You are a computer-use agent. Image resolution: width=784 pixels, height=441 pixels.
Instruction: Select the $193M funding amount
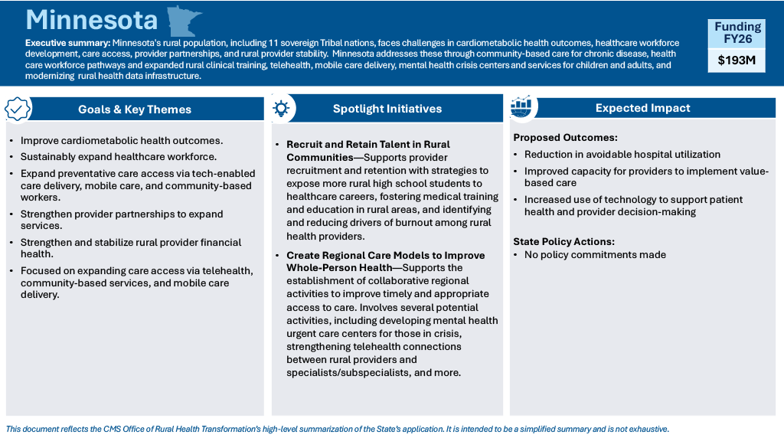click(736, 60)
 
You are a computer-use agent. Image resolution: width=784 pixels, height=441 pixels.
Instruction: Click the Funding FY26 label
click(737, 32)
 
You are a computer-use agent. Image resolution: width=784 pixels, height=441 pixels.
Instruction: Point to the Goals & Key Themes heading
click(135, 109)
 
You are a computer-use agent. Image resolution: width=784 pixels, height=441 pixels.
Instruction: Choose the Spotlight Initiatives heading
click(387, 109)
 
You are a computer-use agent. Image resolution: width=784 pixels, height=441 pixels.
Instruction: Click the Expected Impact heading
click(643, 108)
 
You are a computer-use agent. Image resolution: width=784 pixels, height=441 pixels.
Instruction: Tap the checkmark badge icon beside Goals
click(18, 109)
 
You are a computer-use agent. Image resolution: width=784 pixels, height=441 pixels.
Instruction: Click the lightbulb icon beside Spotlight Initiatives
click(282, 108)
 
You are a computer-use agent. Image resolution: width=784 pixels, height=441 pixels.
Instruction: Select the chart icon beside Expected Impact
click(521, 108)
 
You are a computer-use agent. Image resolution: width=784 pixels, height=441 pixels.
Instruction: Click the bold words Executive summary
click(67, 42)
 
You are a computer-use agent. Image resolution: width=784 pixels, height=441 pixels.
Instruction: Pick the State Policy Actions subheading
click(563, 241)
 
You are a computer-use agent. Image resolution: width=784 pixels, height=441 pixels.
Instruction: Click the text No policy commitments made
click(595, 255)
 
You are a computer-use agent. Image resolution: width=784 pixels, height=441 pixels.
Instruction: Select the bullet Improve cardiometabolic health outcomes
click(122, 141)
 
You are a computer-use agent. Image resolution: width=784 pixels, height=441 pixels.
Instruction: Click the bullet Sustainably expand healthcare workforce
click(119, 157)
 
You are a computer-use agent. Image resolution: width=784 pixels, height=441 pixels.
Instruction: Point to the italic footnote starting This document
click(337, 429)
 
